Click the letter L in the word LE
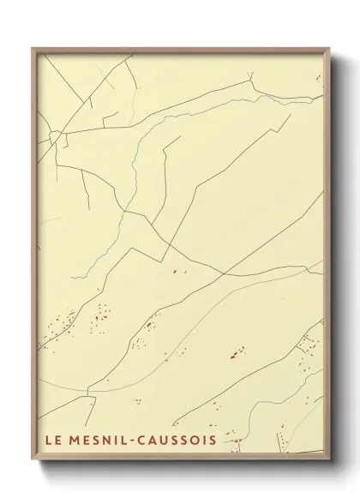point(47,443)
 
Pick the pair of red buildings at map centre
point(178,271)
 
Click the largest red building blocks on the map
point(235,351)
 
